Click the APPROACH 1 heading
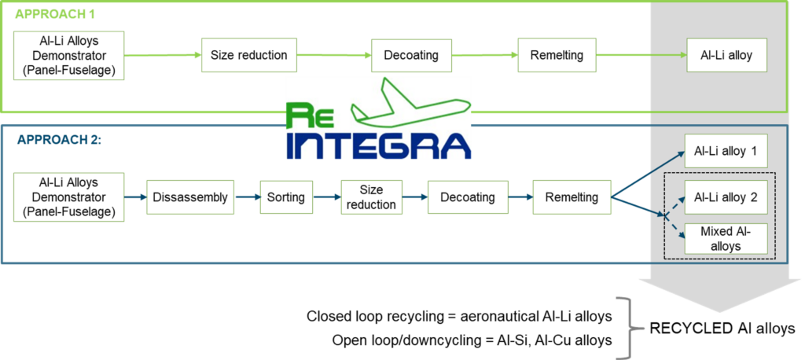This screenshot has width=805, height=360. pos(55,14)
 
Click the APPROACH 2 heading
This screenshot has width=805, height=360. pos(59,140)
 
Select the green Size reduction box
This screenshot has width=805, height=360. pos(249,56)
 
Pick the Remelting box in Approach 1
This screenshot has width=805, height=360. pos(557,56)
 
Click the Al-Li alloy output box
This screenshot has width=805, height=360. pos(726,56)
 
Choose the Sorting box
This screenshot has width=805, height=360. pos(285,197)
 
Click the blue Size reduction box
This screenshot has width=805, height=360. pos(371,197)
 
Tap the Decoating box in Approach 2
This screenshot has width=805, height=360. pos(467,197)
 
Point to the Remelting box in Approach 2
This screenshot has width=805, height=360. pos(572,197)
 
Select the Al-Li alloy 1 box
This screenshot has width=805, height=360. pos(726,150)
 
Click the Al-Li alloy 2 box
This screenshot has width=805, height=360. pos(726,197)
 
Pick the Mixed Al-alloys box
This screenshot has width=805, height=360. pos(726,237)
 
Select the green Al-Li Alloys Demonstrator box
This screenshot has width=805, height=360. pos(69,56)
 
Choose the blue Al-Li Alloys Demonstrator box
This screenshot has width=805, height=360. pos(69,197)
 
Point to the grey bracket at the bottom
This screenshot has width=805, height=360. pos(630,327)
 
